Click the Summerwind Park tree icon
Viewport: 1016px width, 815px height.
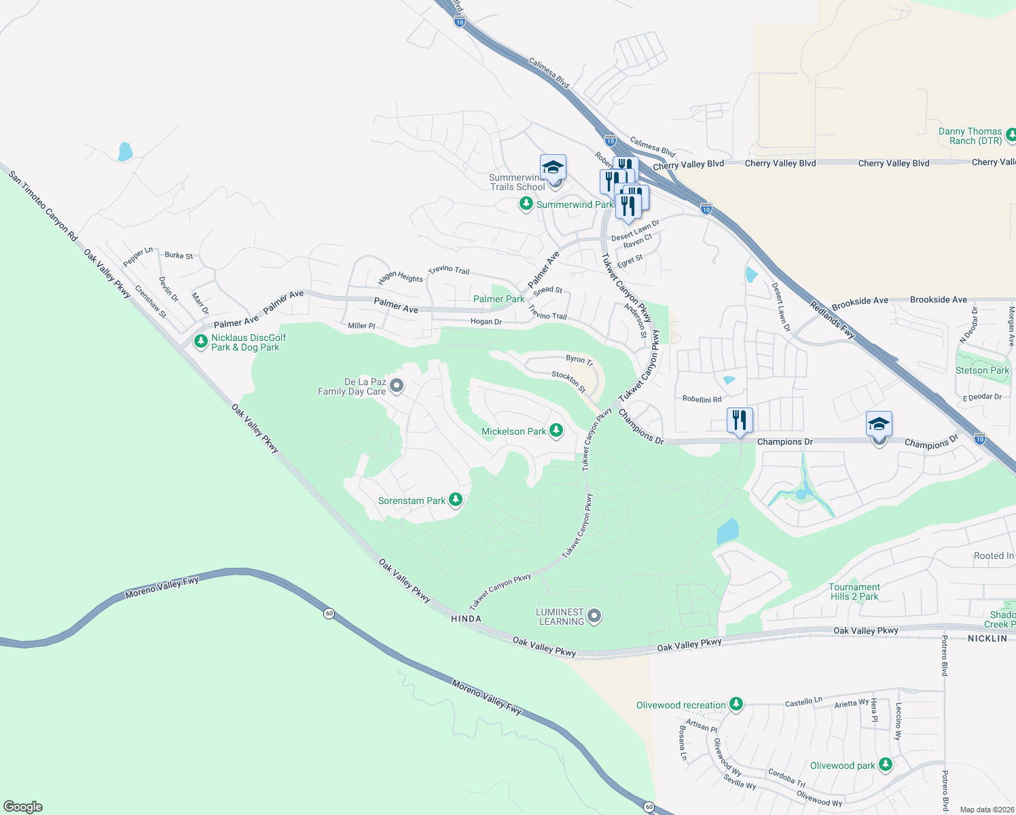[526, 204]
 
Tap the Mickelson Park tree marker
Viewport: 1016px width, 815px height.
[556, 431]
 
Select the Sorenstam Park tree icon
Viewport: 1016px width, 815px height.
[456, 501]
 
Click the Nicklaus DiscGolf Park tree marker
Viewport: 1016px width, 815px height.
[200, 341]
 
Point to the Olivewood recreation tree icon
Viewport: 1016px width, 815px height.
[736, 704]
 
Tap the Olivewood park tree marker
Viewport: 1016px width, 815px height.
[885, 765]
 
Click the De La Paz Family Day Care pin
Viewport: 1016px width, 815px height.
[397, 386]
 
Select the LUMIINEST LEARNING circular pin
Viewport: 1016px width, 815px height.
[594, 616]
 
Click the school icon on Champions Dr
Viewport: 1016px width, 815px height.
[879, 425]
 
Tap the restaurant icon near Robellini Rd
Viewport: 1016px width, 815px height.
[740, 420]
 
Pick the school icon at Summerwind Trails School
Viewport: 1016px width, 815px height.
[553, 168]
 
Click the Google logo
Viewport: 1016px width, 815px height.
[23, 807]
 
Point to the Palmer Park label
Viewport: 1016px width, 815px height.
[498, 299]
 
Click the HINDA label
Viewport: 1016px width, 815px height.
[466, 619]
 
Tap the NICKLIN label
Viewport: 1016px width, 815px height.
[987, 638]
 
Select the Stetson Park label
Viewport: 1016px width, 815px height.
[982, 370]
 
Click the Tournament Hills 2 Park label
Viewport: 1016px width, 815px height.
[854, 592]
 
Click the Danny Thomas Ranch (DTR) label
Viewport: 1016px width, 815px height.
[970, 136]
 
